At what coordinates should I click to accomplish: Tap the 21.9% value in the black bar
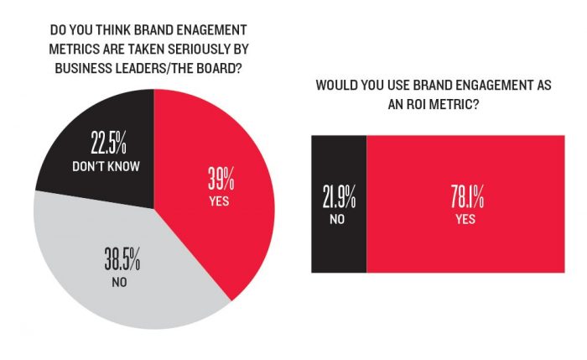coord(339,200)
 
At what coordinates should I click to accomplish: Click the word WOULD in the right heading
coord(336,86)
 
